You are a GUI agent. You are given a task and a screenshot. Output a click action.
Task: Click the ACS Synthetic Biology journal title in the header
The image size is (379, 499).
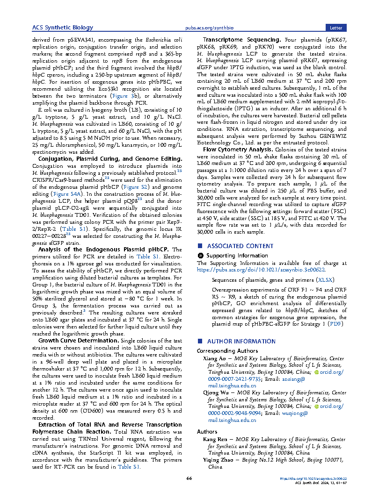[x=62, y=28]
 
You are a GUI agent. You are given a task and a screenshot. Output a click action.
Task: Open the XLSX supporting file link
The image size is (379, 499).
[x=325, y=280]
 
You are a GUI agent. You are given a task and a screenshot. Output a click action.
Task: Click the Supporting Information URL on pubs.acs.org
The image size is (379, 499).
[x=262, y=270]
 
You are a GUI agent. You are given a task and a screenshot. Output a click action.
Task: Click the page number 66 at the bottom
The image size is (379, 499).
[x=189, y=478]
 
